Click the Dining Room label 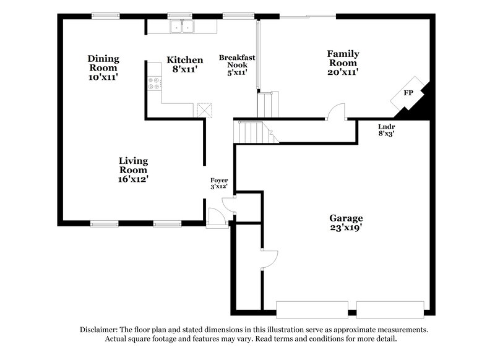point(103,67)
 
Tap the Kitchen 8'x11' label point(184,65)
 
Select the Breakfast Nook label point(237,64)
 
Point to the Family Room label point(343,62)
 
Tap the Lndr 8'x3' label point(387,129)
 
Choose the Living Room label point(133,169)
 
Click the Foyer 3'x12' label point(218,182)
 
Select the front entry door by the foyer point(216,216)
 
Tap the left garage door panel point(312,309)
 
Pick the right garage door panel point(390,309)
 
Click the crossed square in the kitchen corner point(204,109)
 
